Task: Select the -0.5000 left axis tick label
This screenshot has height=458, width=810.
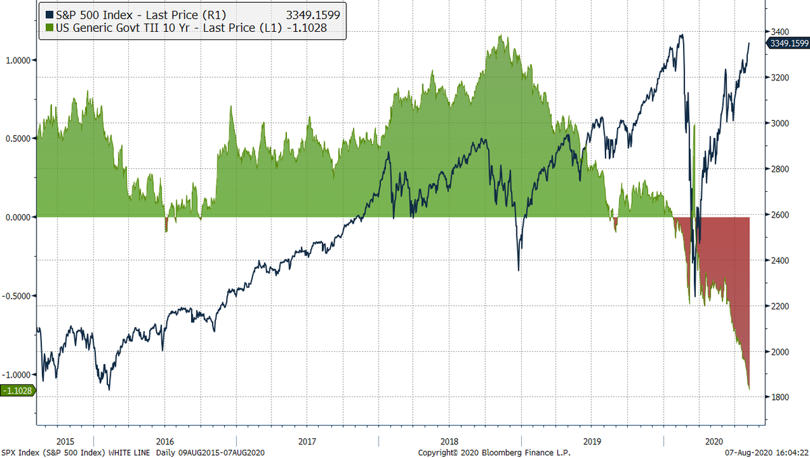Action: [x=18, y=296]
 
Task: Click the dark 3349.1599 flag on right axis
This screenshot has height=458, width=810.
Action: [x=788, y=43]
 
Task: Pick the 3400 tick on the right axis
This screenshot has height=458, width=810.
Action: [x=780, y=32]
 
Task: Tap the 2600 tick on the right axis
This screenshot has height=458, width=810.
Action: [x=780, y=215]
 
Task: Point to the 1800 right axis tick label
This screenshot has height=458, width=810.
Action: [x=780, y=397]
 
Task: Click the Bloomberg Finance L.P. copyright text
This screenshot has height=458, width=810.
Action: [x=480, y=452]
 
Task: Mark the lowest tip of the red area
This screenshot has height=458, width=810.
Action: [x=749, y=390]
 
